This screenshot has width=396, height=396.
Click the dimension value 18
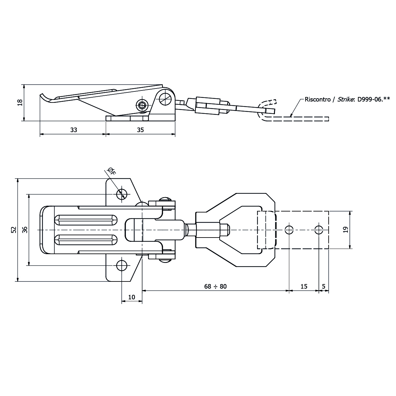20,102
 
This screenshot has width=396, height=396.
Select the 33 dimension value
74,130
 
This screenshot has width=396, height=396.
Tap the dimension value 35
140,130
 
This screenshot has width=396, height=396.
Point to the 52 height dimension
13,230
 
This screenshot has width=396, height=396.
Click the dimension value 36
25,230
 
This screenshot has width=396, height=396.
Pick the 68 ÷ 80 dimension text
215,286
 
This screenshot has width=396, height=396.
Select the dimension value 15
304,286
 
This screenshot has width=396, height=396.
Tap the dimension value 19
345,230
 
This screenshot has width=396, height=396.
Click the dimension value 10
132,297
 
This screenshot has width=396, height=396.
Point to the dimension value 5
323,286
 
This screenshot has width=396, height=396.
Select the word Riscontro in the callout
318,100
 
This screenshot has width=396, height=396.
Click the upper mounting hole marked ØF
122,194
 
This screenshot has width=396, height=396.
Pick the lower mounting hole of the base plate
122,266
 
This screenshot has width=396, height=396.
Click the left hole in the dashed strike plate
289,230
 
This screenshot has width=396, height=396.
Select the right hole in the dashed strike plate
319,230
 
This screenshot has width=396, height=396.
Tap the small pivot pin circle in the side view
142,105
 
